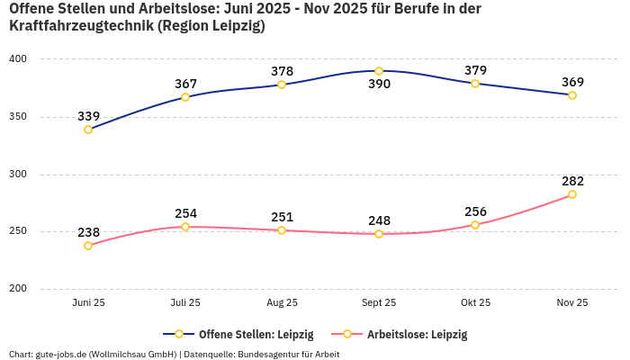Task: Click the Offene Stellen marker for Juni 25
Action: point(88,130)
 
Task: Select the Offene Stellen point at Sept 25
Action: point(379,71)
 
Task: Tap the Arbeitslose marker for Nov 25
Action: point(572,194)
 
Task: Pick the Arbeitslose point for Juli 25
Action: point(185,227)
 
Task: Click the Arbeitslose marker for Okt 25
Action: point(475,225)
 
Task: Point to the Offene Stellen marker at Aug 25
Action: point(282,85)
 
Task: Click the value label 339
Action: point(88,116)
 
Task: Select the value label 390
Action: point(379,85)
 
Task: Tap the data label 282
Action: point(572,181)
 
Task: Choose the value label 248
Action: point(379,220)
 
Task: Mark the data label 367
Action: point(185,84)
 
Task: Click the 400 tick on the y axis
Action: point(18,59)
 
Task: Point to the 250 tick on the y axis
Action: point(18,231)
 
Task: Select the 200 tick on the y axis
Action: point(18,289)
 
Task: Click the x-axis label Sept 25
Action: point(379,303)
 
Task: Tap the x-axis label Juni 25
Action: point(88,303)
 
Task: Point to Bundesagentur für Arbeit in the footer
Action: point(288,354)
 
